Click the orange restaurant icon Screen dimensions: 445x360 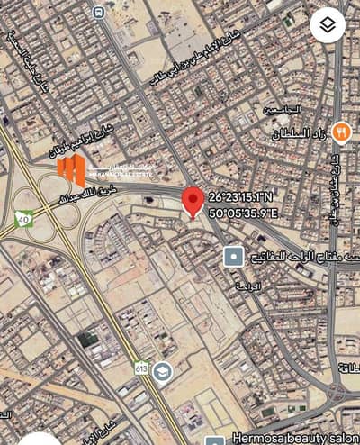coord(340,132)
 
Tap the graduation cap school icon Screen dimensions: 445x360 coord(161,370)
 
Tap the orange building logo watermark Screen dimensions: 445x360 coord(72,170)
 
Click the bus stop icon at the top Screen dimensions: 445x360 coord(97,13)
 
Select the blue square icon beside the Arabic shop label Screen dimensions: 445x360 coord(233,257)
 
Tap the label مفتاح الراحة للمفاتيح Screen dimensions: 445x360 coord(287,257)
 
